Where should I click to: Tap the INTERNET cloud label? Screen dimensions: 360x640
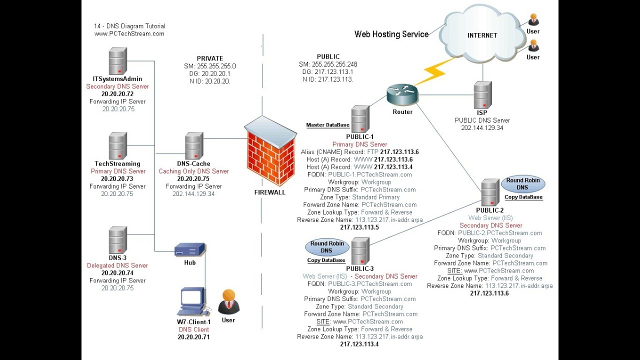coord(482,35)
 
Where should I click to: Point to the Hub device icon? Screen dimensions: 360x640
coord(189,249)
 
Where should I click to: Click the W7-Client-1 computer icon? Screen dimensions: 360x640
coord(192,302)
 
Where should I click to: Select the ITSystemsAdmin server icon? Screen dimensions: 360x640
coord(117,60)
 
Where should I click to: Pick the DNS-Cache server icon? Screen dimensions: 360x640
coord(194,145)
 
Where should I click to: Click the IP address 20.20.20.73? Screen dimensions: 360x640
coord(117,178)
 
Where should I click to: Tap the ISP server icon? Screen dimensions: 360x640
coord(482,94)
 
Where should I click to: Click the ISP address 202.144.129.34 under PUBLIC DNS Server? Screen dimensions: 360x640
coord(482,128)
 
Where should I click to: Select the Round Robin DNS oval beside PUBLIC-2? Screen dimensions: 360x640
coord(522,183)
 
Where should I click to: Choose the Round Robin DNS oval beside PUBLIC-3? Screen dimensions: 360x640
coord(326,247)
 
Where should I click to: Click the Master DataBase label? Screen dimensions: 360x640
coord(327,125)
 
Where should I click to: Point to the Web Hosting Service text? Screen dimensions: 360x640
coord(391,34)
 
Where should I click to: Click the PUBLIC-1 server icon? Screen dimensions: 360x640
coord(360,118)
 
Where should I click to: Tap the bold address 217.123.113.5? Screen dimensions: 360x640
coord(359,227)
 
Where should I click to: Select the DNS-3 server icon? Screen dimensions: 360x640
coord(117,239)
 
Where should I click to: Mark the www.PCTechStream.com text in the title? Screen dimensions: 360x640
coord(129,34)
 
